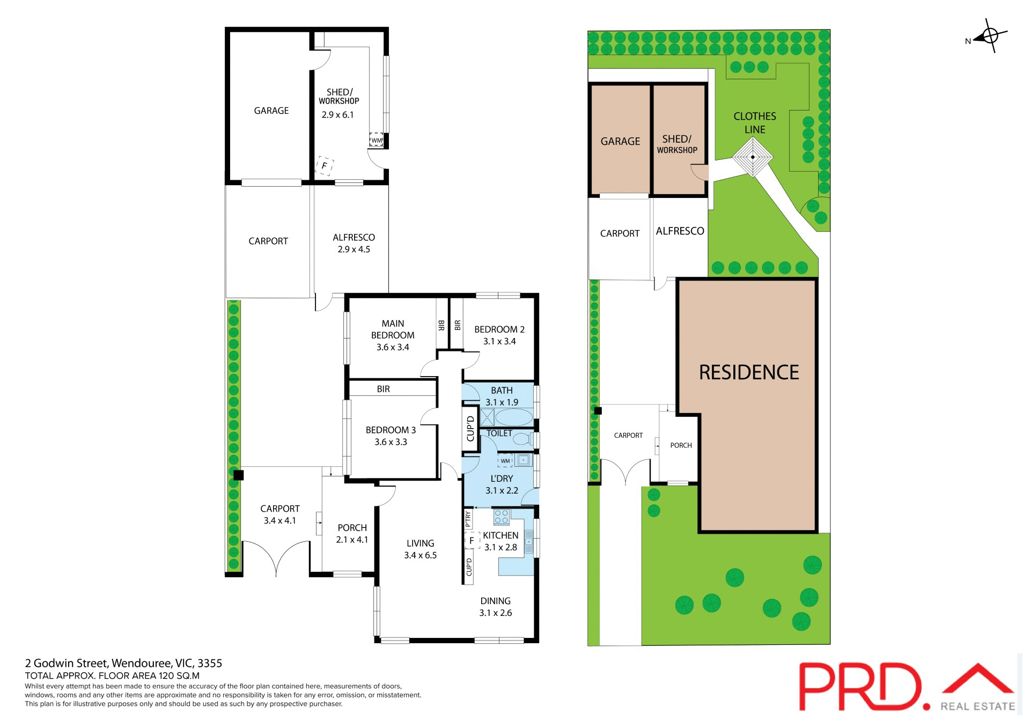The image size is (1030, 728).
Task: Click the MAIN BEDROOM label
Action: point(393,329)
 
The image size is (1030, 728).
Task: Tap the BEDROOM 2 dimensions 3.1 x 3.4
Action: point(499,342)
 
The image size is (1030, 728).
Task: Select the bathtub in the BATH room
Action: point(513,417)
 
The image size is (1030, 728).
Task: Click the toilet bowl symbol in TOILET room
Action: point(521,439)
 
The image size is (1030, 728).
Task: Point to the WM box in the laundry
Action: point(505,461)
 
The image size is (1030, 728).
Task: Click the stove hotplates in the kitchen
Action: point(501,517)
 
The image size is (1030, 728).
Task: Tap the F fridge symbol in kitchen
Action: point(472,541)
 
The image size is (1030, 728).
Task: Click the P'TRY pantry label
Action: point(468,519)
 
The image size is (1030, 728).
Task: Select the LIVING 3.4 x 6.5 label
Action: point(420,549)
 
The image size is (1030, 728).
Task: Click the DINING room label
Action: point(495,601)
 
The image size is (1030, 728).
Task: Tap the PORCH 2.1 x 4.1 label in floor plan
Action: point(352,534)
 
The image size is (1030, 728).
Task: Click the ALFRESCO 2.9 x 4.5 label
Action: point(354,243)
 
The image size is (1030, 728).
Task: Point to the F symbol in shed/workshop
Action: point(325,165)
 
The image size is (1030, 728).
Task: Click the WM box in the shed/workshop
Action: point(377,141)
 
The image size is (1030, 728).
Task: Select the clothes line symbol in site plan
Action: point(753,157)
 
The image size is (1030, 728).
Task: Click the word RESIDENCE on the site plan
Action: point(749,372)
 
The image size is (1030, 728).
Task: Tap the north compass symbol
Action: point(990,36)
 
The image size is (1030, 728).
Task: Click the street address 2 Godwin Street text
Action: point(123,663)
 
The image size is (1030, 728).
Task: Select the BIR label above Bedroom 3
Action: point(383,389)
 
